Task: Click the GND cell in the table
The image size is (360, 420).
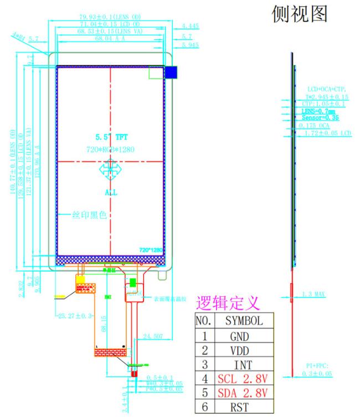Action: (x=239, y=336)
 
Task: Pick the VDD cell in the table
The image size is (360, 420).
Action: (x=239, y=350)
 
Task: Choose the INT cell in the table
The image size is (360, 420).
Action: (x=239, y=365)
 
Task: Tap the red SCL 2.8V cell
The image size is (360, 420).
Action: (x=242, y=379)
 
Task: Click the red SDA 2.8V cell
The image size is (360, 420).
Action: (x=242, y=393)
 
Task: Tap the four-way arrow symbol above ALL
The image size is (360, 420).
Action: (x=110, y=171)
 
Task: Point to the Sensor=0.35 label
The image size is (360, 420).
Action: (x=320, y=118)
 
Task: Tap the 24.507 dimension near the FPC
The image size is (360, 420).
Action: (x=153, y=336)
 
